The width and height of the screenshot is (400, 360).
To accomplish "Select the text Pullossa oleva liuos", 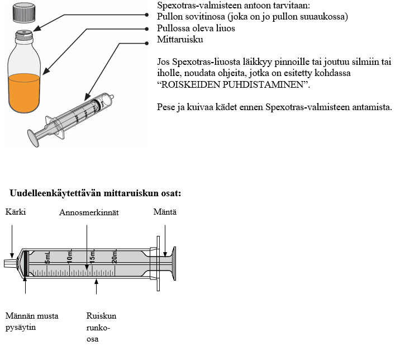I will tap(196, 28).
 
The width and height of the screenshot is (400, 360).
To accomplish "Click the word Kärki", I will tap(16, 212).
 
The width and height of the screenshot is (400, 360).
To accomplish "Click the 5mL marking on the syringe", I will tap(48, 258).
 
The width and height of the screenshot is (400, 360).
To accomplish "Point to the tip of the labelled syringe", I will tap(8, 263).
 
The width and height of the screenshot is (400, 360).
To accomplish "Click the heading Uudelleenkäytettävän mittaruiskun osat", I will tap(96, 193).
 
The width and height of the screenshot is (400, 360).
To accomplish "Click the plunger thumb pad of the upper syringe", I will tap(34, 136).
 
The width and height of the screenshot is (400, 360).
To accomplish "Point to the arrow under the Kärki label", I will tap(12, 240).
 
